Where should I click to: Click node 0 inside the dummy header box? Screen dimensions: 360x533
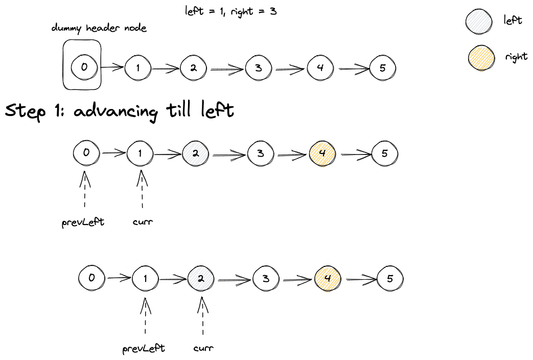(84, 66)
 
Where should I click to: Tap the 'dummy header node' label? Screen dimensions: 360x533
(99, 28)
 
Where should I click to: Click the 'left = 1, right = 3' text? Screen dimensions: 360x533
(230, 10)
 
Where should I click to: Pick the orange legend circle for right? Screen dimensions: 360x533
(481, 57)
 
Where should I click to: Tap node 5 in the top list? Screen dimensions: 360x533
(383, 69)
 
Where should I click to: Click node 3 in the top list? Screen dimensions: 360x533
(259, 68)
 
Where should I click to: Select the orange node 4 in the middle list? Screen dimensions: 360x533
(322, 153)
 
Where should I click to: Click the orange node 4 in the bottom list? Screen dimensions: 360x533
(329, 279)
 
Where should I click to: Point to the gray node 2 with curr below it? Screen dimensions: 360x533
(201, 279)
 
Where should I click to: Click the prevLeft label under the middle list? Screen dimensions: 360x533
(83, 222)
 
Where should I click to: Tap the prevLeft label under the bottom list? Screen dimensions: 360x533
(144, 348)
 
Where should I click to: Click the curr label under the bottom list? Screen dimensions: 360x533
(203, 348)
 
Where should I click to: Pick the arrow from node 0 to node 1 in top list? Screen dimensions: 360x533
(112, 67)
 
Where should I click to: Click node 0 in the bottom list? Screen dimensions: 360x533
(92, 278)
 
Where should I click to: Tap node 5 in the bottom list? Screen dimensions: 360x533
(390, 279)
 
